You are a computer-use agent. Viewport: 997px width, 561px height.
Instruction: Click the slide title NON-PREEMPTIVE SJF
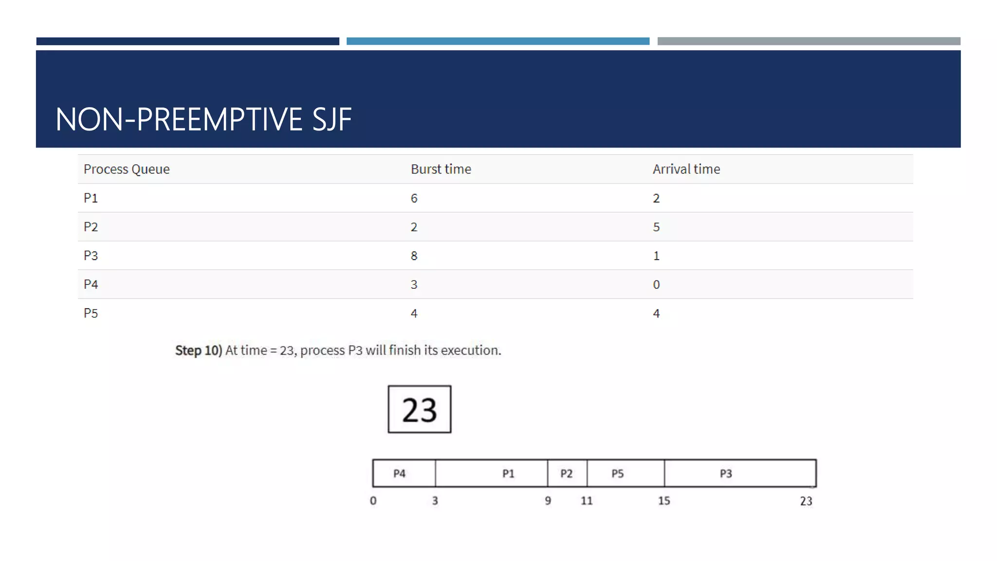[203, 119]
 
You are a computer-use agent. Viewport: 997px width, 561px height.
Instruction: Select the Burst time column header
[441, 169]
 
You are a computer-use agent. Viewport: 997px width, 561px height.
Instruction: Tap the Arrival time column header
[686, 169]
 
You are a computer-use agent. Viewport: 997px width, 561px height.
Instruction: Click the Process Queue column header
[127, 169]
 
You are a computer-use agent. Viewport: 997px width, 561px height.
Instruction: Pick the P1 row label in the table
[91, 198]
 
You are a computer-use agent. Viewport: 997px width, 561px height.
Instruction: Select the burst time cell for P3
[414, 256]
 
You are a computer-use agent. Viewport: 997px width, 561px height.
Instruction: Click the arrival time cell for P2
[656, 227]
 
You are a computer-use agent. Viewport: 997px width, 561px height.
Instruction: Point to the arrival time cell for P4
[656, 284]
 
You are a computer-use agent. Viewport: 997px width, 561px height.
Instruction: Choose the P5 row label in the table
[91, 313]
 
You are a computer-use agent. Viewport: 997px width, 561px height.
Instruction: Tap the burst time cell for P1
[414, 198]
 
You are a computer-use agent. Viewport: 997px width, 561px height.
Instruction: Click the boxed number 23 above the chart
[419, 409]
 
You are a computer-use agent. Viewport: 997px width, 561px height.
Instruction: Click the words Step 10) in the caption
[199, 350]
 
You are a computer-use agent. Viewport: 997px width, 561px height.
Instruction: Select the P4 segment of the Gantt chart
[404, 473]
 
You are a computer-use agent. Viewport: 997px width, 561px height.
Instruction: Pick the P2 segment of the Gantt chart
[567, 473]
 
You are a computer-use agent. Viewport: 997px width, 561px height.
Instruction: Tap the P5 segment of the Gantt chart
[625, 473]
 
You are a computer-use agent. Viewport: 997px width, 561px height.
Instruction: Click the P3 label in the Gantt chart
[726, 473]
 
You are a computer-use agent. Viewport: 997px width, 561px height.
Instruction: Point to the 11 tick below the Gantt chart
[587, 501]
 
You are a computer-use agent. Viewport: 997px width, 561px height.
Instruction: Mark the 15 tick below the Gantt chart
[664, 501]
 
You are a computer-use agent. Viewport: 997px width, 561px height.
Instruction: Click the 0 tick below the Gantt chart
[373, 501]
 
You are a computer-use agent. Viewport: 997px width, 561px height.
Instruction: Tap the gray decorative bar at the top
[809, 41]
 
